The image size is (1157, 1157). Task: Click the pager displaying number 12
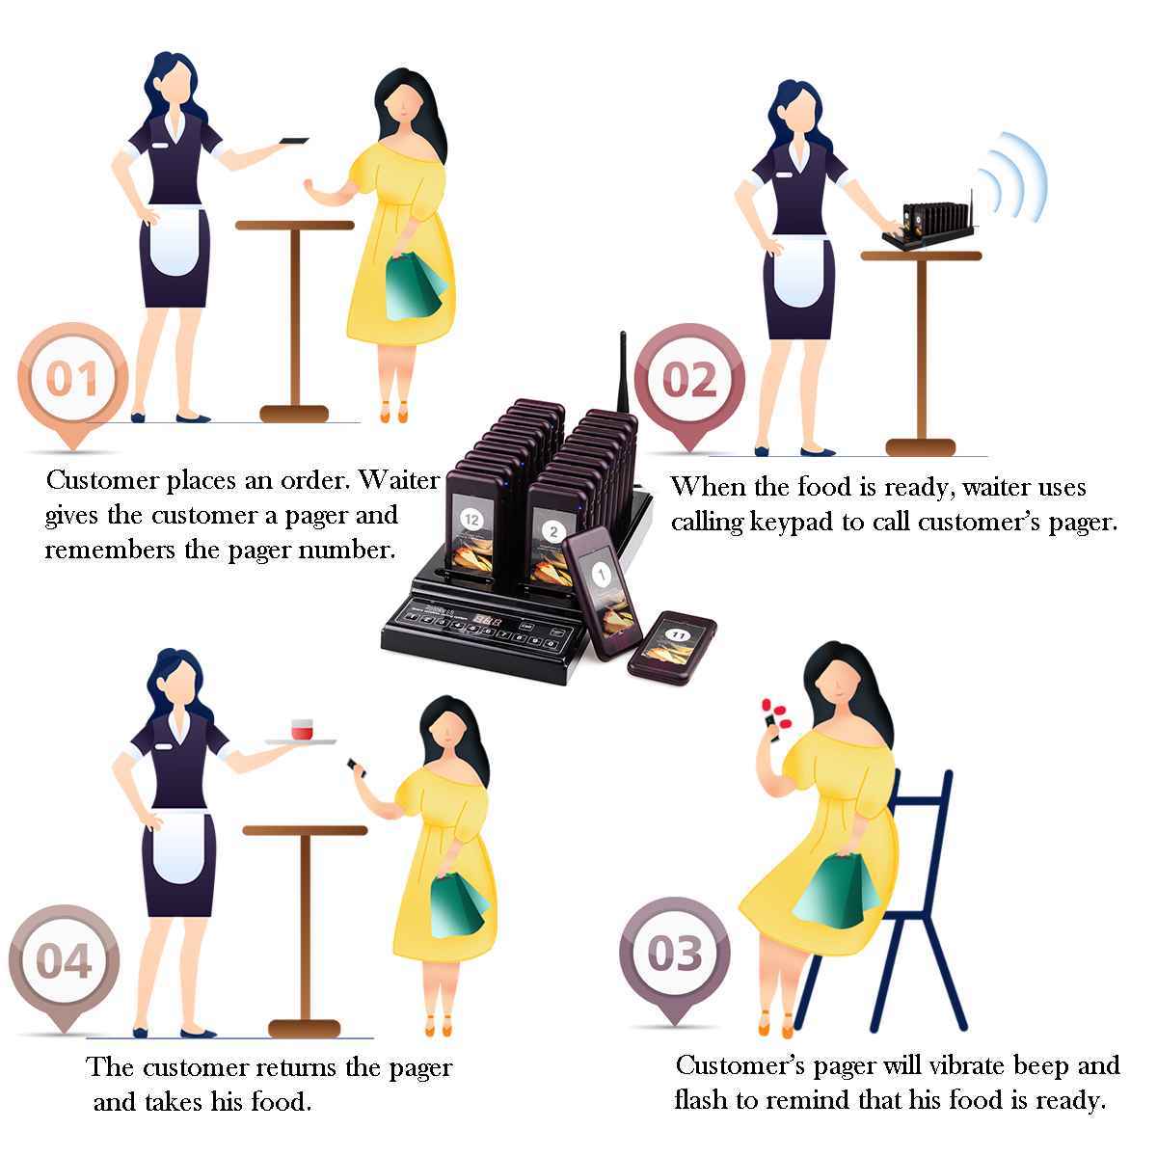472,529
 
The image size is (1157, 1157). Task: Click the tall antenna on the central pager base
623,372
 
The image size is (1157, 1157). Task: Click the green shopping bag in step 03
836,890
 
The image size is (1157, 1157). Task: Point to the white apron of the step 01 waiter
175,239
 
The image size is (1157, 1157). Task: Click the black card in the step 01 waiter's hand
294,141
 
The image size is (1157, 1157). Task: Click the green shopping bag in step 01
415,287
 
